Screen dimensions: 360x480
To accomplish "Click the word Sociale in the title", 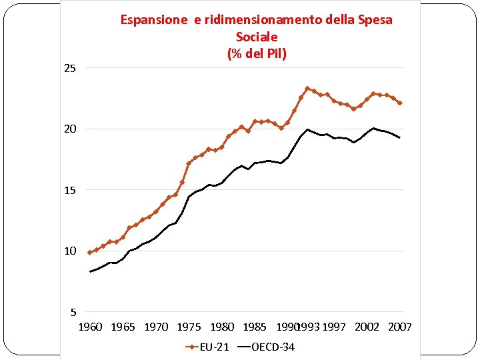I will (x=257, y=37).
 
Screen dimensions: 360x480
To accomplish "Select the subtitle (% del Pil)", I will (x=257, y=53).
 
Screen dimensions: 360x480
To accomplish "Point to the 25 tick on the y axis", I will (x=70, y=68).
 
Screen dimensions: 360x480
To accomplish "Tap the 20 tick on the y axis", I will (x=70, y=129).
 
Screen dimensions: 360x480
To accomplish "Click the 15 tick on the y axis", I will (x=70, y=190).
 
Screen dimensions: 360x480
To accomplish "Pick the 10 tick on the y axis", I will (x=70, y=251).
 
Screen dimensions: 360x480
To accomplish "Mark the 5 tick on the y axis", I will (x=73, y=312).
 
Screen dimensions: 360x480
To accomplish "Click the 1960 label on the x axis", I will (x=90, y=327).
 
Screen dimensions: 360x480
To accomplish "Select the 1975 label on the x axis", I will (x=189, y=327).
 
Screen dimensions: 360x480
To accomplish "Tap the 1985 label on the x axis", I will (x=255, y=327).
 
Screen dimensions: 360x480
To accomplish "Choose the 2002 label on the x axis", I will (x=367, y=327).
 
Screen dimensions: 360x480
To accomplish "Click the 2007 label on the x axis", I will (x=400, y=327).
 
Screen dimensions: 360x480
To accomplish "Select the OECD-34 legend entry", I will (x=273, y=347).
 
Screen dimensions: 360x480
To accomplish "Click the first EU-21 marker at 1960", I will (x=90, y=253).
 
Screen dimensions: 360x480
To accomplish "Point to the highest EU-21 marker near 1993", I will (x=307, y=88).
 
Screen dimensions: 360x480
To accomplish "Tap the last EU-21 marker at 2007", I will (x=400, y=103).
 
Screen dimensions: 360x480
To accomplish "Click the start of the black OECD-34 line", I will (x=90, y=271).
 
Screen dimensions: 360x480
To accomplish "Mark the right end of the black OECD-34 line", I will (x=400, y=137).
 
